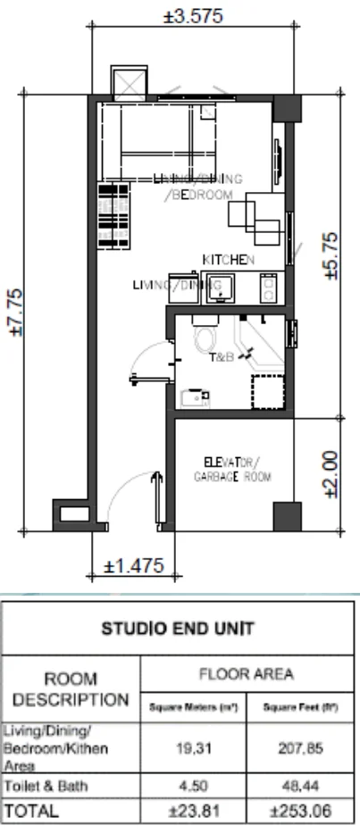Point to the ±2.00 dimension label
click(x=331, y=474)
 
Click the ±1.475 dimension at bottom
click(x=135, y=567)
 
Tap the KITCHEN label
click(x=229, y=259)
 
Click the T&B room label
click(x=221, y=357)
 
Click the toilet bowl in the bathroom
click(x=205, y=338)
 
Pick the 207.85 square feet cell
click(x=298, y=753)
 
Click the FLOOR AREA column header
click(x=248, y=673)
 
